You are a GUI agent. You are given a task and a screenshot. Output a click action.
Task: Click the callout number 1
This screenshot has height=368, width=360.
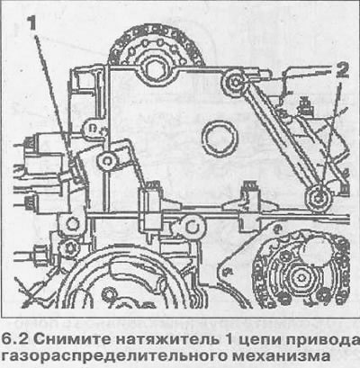coord(31,23)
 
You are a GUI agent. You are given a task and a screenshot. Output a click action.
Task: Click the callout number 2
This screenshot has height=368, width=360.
coord(342,71)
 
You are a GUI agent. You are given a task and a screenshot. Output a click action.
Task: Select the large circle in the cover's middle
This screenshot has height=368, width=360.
coord(219,139)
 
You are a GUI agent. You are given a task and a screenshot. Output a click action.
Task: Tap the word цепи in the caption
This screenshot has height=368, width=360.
coord(260,340)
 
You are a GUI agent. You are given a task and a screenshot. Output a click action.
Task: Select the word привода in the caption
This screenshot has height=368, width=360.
coord(322,340)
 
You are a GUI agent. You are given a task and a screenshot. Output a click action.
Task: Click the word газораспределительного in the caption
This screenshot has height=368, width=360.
coord(113,356)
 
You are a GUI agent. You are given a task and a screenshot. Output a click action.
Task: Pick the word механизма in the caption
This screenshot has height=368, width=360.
coord(281,355)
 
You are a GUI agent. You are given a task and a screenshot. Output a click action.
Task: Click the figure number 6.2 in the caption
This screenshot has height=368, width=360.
coord(14,339)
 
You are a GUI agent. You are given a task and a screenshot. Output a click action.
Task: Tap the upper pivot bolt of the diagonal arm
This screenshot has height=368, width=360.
coord(235,80)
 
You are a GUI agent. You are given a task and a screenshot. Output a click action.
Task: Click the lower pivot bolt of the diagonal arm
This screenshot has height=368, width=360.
coord(319,196)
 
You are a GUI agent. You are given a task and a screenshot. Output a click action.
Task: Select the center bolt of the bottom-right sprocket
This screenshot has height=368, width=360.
coord(301,277)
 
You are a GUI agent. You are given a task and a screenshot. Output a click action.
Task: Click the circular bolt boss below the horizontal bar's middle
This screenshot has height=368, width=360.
coord(193,227)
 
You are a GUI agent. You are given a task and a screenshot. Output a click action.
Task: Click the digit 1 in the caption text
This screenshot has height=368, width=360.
coord(229,340)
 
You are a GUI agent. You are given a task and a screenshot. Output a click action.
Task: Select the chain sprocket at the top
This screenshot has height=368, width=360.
coord(157,48)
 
